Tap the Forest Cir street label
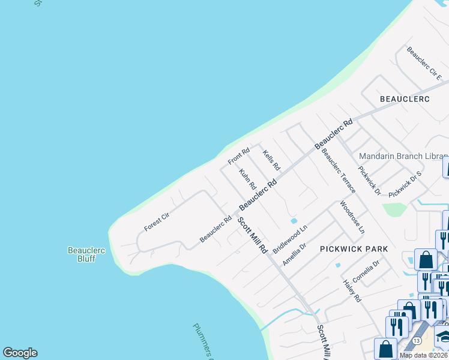click(157, 222)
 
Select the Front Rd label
click(238, 157)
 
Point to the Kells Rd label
click(271, 160)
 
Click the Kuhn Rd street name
click(247, 179)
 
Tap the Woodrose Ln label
click(352, 217)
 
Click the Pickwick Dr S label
click(405, 185)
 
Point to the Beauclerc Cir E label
click(424, 64)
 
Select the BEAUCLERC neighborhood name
click(405, 98)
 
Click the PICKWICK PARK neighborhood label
click(354, 248)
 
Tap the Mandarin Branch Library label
click(401, 156)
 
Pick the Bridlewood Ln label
click(290, 239)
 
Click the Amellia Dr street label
click(295, 255)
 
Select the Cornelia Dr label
click(366, 272)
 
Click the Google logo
click(20, 353)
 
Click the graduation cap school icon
click(444, 337)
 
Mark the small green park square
click(393, 209)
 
